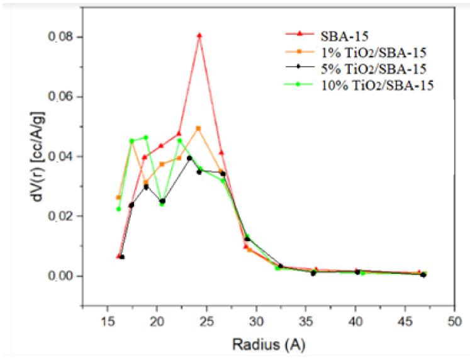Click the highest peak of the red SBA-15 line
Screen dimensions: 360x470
[199, 36]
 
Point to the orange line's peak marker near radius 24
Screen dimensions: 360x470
[198, 128]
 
